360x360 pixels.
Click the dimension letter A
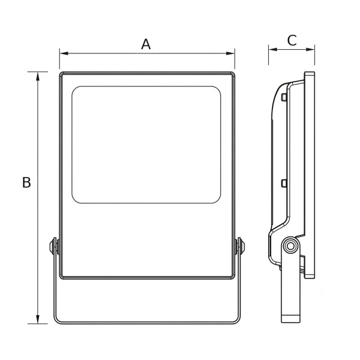(x=146, y=44)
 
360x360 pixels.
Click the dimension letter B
(x=26, y=182)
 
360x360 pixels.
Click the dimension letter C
(x=292, y=40)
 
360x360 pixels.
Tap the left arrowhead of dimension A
(x=64, y=53)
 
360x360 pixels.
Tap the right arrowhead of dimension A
(x=230, y=53)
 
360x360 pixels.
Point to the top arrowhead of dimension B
(x=38, y=76)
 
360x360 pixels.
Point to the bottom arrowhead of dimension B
(x=38, y=319)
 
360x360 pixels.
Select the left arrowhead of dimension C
(x=273, y=49)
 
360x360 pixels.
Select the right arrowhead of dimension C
(x=310, y=49)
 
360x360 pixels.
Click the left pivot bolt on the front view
(x=54, y=246)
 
